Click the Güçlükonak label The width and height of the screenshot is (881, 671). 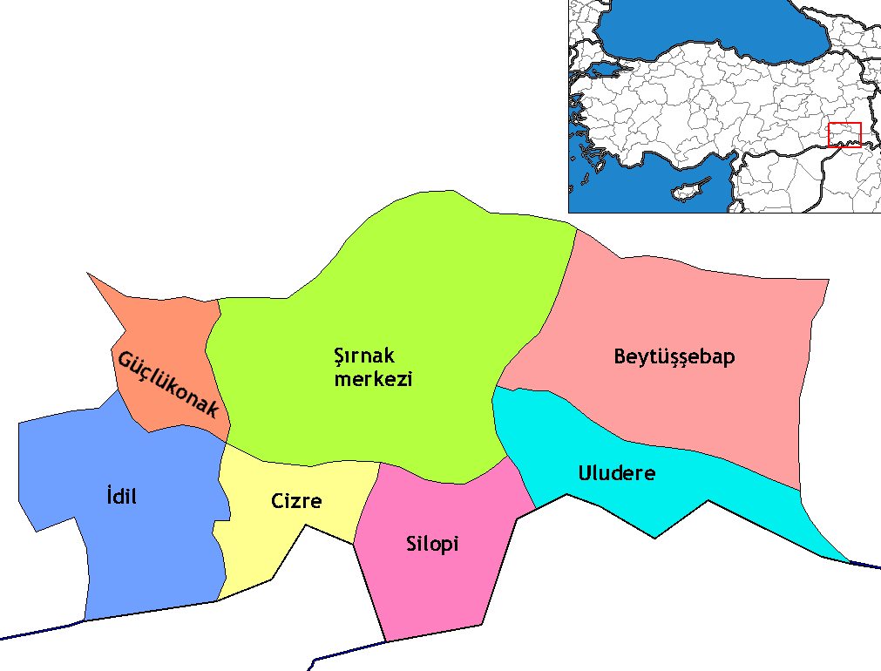point(167,383)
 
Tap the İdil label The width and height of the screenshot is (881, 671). point(119,498)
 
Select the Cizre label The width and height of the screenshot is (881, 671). point(295,501)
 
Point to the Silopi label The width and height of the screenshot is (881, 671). point(432,545)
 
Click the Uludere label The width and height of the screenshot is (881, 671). point(617,473)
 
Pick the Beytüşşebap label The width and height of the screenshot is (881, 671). point(674,356)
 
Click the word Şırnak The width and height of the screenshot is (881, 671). point(365,356)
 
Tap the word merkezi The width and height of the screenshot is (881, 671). point(373,380)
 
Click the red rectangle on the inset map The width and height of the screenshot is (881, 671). point(844,135)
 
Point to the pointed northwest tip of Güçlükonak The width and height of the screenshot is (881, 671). point(88,274)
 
